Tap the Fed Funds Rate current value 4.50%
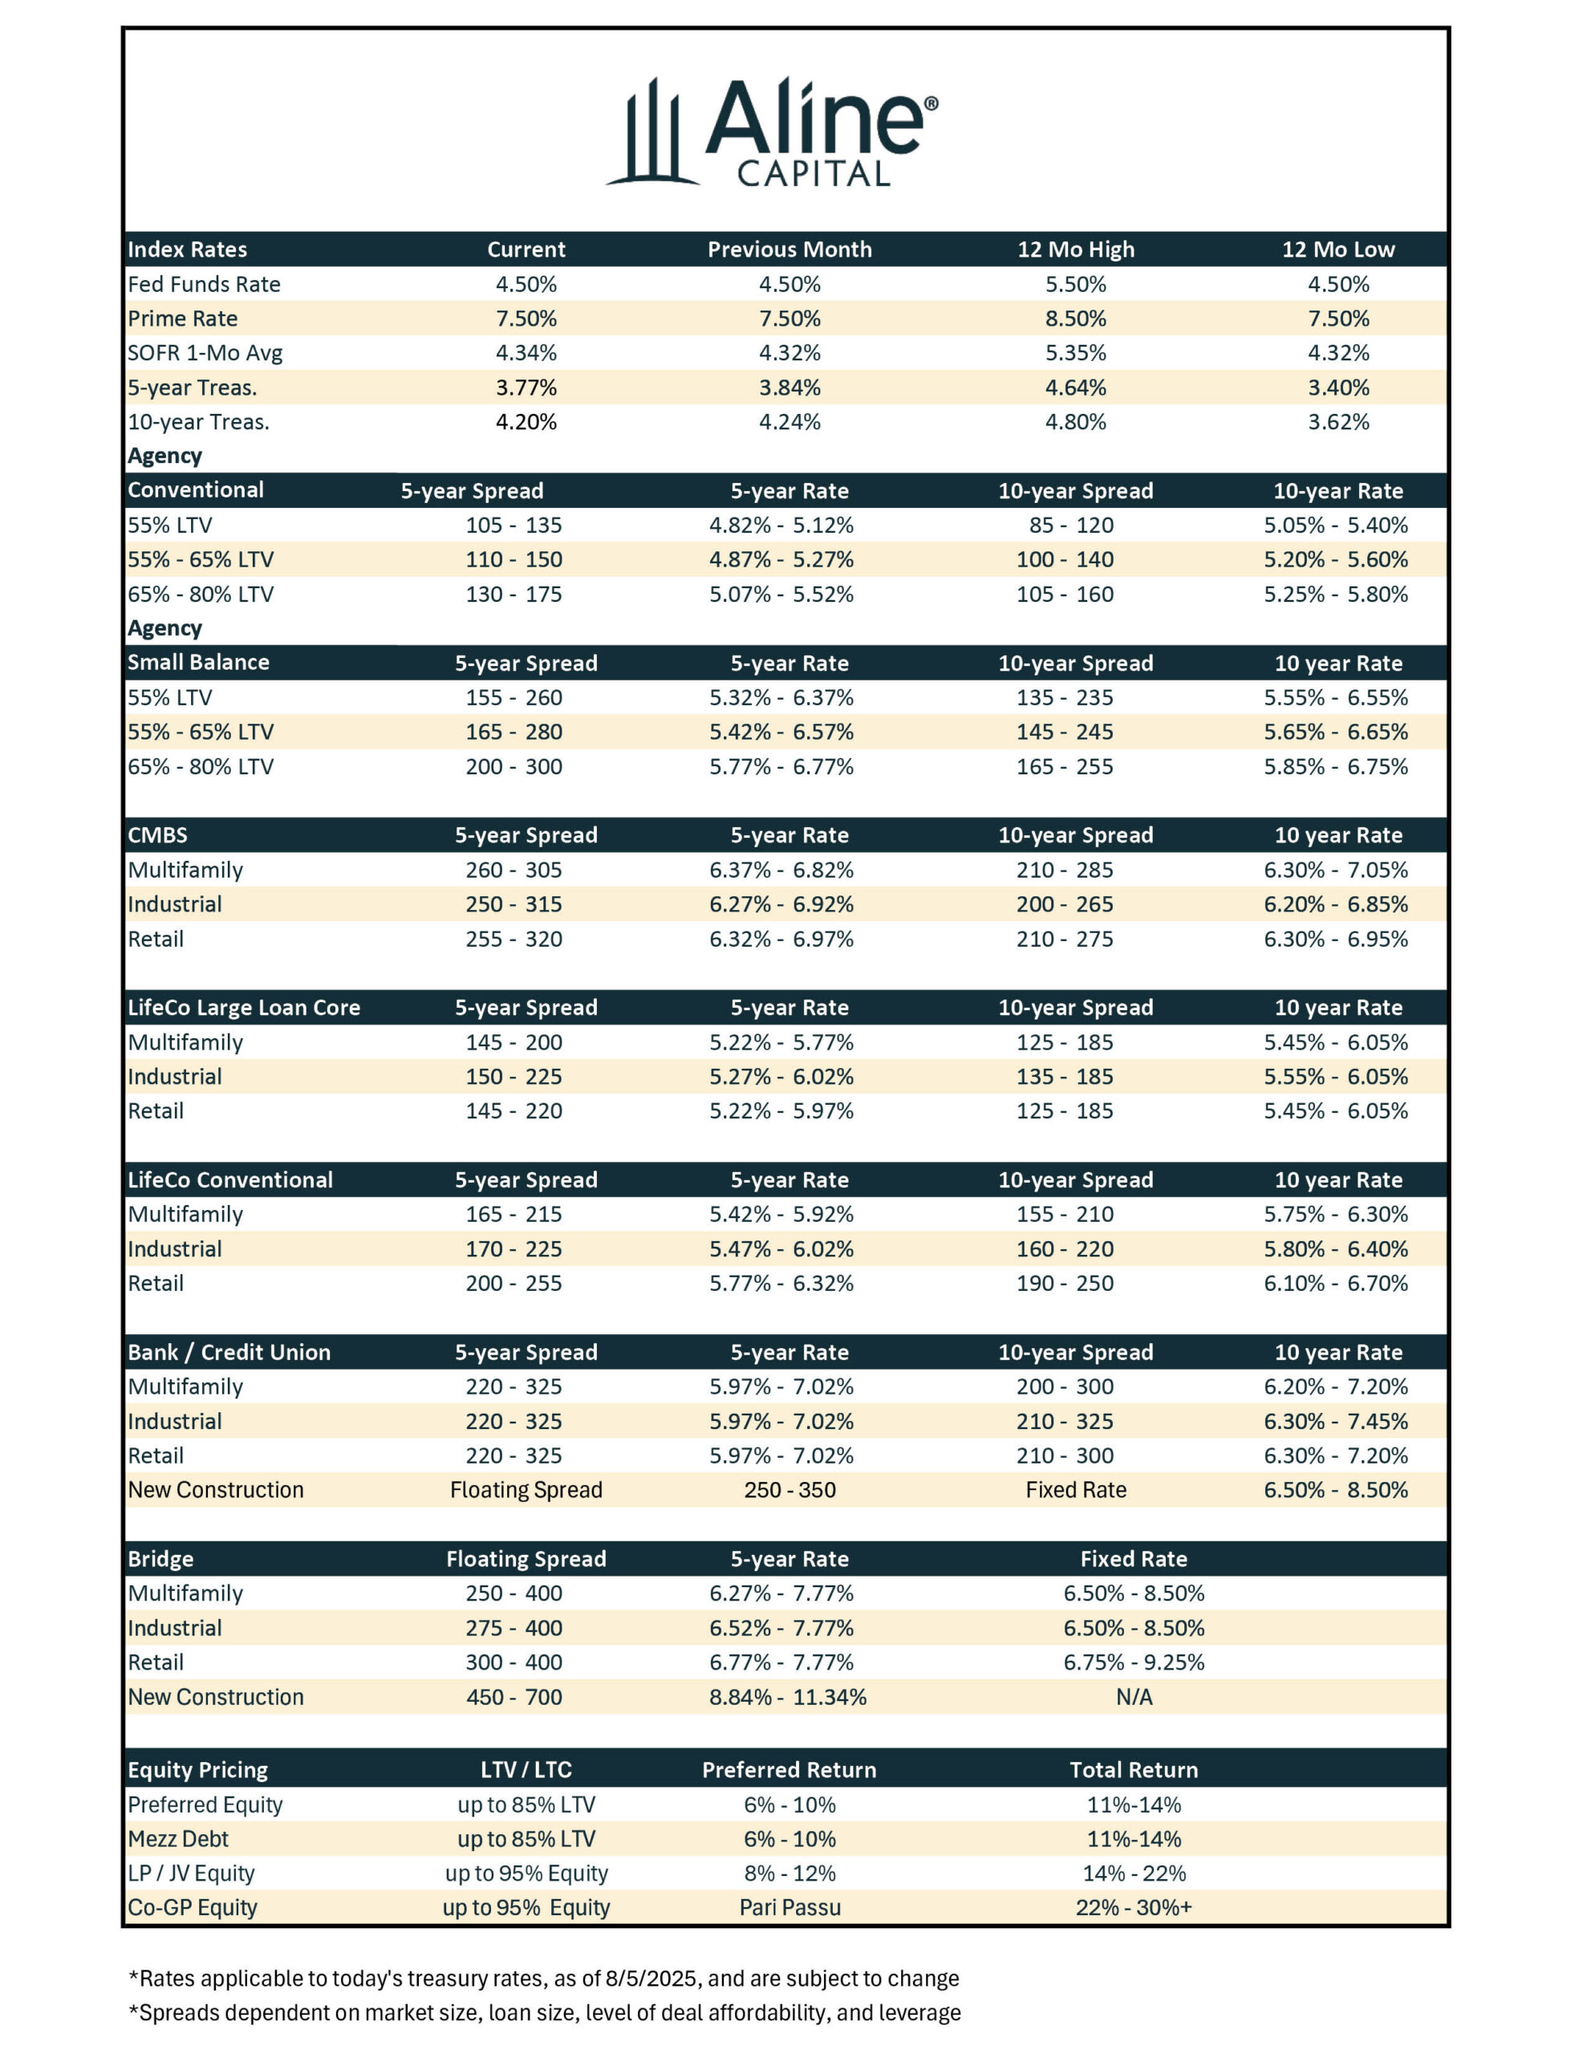coord(526,284)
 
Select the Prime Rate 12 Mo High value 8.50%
coord(1075,319)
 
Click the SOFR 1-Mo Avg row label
coord(205,353)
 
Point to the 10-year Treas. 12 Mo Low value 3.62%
coord(1337,422)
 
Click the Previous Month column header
coord(789,250)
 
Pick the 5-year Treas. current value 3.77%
coord(526,388)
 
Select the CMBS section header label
coord(158,835)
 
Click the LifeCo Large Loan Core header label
coord(244,1007)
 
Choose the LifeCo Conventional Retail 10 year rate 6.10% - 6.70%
coord(1336,1283)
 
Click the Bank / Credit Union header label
coord(229,1353)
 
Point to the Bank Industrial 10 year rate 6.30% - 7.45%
coord(1336,1421)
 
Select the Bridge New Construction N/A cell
coord(1134,1697)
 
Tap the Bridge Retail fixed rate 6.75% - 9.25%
coord(1134,1662)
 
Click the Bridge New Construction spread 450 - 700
coord(513,1697)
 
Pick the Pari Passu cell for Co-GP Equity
coord(789,1907)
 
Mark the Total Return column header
coord(1134,1770)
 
